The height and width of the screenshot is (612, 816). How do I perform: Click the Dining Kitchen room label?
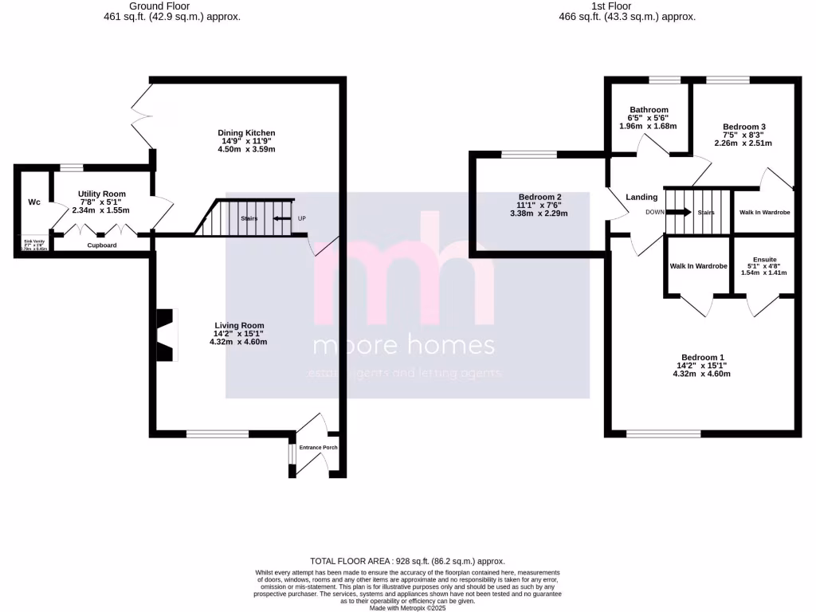[246, 133]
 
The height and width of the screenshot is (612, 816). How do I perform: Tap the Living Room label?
[238, 325]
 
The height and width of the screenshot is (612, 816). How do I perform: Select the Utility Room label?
[101, 194]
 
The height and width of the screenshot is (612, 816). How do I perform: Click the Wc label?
[34, 202]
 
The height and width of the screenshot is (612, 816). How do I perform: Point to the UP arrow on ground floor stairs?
[281, 218]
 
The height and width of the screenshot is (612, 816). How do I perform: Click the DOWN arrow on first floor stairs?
[678, 213]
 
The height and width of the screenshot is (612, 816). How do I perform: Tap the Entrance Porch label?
[318, 448]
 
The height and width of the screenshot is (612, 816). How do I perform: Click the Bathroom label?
[649, 110]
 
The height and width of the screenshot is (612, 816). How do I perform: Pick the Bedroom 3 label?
[744, 127]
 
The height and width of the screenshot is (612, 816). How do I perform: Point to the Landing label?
[641, 197]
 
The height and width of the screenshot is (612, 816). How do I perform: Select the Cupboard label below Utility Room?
[102, 245]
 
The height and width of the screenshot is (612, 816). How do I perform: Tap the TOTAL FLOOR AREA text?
[407, 561]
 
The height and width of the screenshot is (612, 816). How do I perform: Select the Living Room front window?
[216, 433]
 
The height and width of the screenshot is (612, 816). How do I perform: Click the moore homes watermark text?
[404, 347]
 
